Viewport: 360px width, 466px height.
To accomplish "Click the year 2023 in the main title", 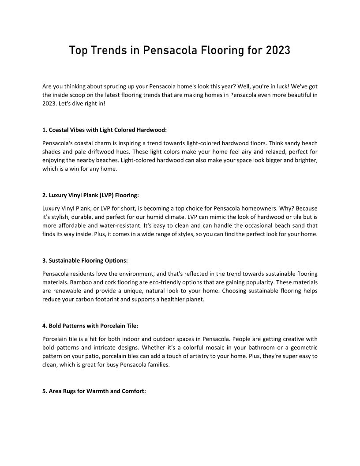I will (278, 50).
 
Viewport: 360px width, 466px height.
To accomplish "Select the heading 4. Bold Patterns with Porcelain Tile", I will (90, 326).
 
